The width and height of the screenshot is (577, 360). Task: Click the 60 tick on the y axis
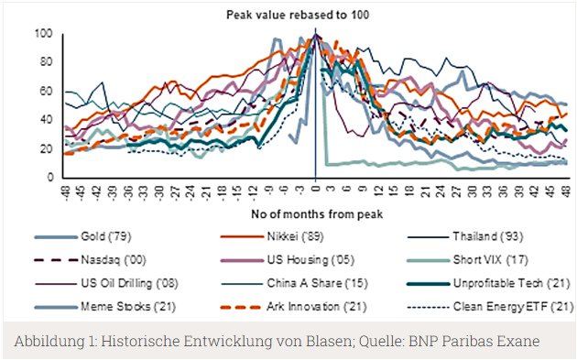pyautogui.click(x=47, y=92)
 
